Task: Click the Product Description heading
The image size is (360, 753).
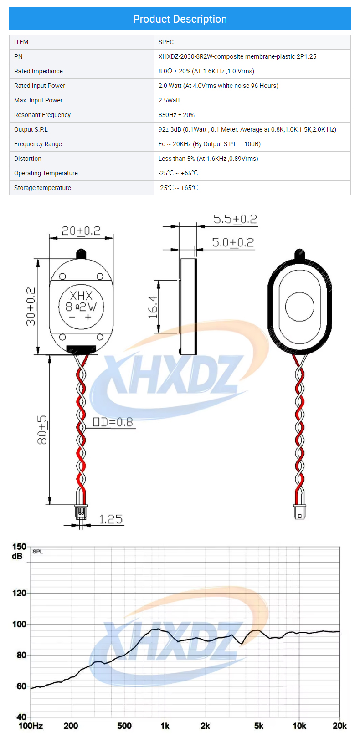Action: [x=180, y=19]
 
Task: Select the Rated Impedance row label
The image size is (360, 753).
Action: [x=38, y=71]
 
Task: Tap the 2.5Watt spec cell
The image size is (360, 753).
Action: [x=169, y=100]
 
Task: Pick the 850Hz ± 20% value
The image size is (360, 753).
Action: [x=176, y=115]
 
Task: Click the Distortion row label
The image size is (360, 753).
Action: [x=27, y=159]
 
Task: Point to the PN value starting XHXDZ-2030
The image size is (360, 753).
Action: [x=237, y=56]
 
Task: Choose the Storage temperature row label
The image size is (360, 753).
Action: [x=42, y=188]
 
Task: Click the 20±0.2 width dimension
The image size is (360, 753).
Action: [x=81, y=231]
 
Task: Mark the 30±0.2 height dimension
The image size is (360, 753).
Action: [x=31, y=307]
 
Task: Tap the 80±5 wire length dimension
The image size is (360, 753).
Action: [x=42, y=430]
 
